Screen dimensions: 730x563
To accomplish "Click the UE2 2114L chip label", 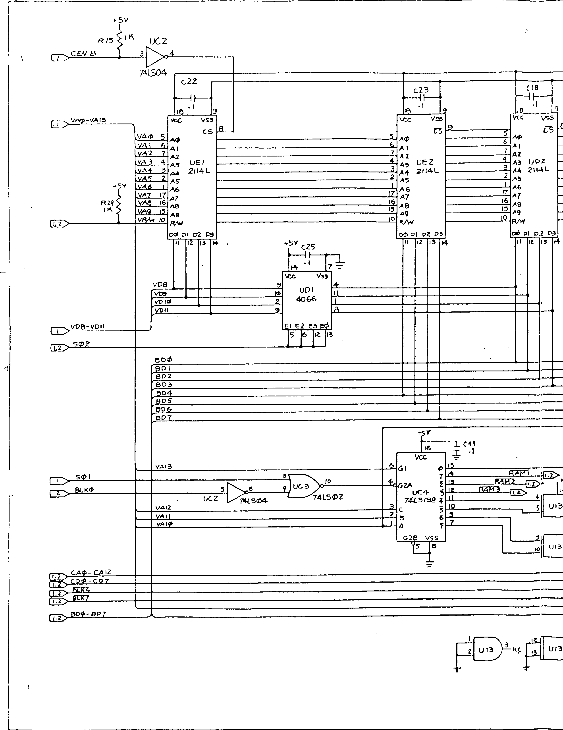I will point(426,166).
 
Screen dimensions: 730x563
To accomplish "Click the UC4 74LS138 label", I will point(420,496).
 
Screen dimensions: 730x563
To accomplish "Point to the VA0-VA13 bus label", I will point(89,120).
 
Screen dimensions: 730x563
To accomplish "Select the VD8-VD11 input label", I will point(88,326).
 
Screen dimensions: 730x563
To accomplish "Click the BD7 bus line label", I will point(164,417).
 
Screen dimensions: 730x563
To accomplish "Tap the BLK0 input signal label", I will point(84,490).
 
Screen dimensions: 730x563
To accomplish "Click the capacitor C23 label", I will point(421,90).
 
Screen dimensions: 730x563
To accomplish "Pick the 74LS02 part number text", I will point(328,497).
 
